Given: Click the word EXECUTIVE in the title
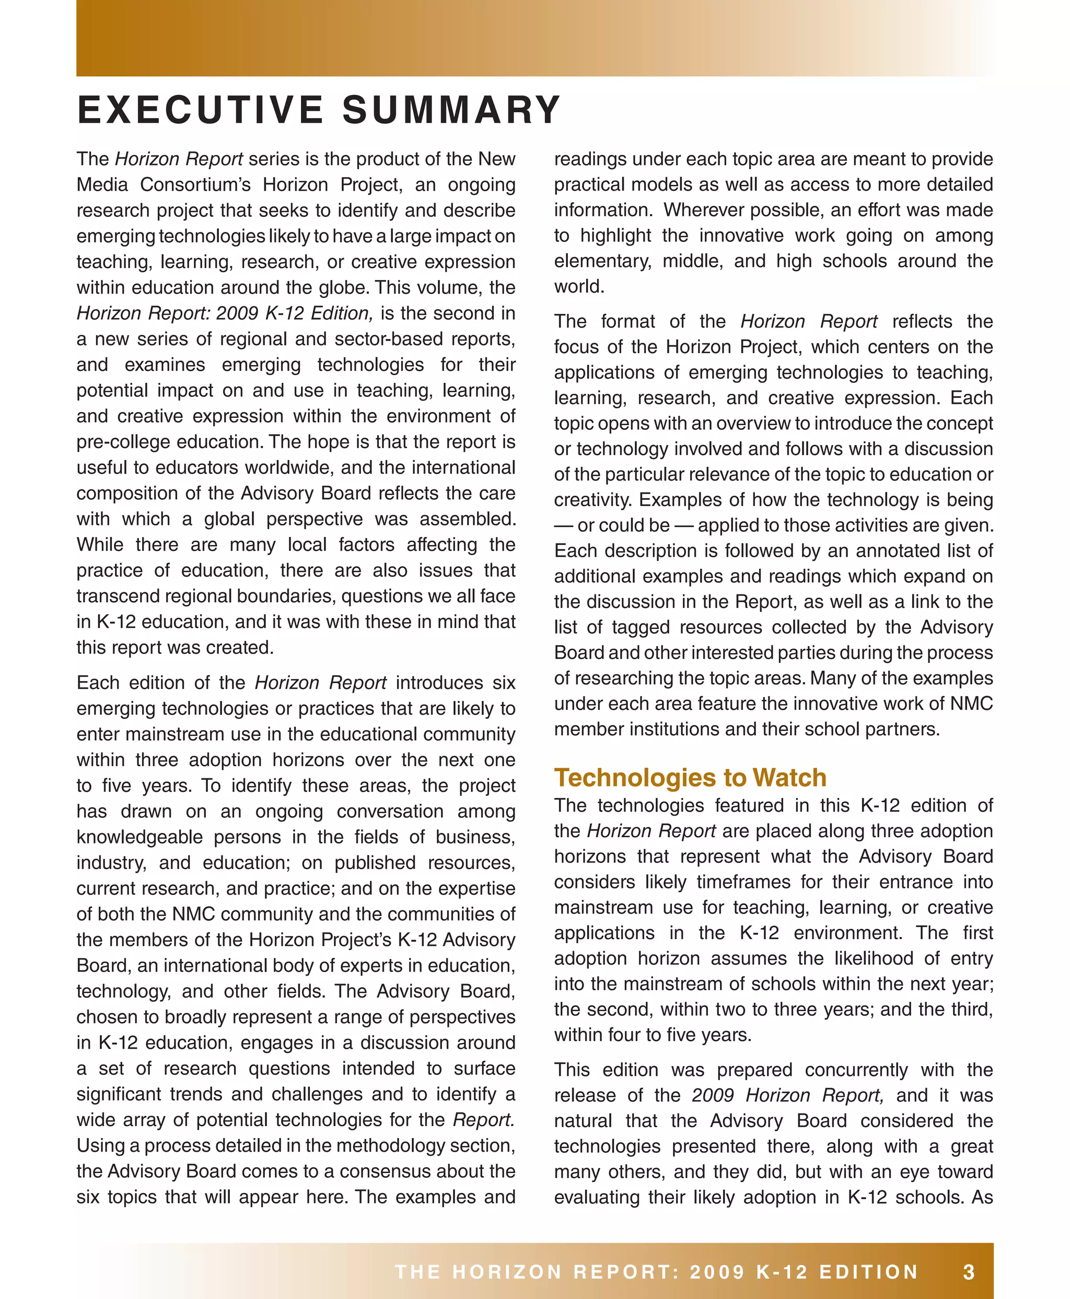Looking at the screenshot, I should [200, 110].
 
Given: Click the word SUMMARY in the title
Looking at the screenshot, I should [451, 110].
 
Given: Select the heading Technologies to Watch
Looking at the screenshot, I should [690, 778].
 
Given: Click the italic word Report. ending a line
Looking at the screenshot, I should [484, 1120].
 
